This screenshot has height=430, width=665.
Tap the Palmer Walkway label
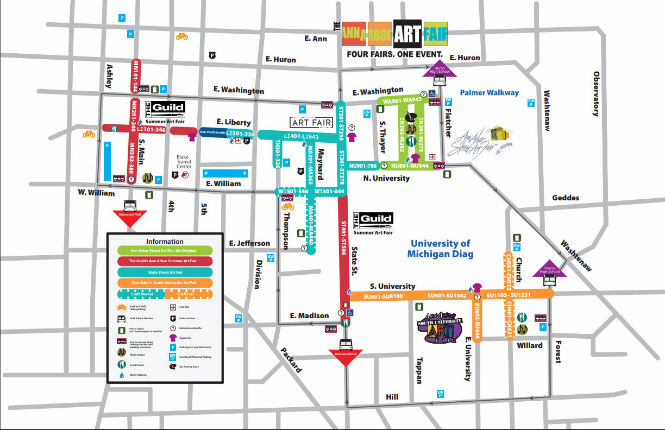(490, 93)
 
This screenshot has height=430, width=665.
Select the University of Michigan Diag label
(441, 249)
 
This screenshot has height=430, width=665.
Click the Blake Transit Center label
(183, 161)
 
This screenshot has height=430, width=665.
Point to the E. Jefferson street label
(249, 243)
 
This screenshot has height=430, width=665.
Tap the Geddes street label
(566, 198)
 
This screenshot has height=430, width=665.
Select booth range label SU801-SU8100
(383, 296)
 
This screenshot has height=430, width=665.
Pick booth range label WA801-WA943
(403, 100)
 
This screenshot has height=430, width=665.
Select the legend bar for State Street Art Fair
(165, 271)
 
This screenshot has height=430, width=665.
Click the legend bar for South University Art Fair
(165, 282)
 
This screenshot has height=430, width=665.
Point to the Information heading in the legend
(165, 241)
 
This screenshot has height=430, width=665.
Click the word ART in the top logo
(407, 34)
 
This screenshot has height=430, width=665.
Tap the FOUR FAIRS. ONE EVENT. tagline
(396, 55)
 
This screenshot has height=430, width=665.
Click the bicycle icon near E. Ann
(181, 36)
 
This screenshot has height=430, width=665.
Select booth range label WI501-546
(293, 191)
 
